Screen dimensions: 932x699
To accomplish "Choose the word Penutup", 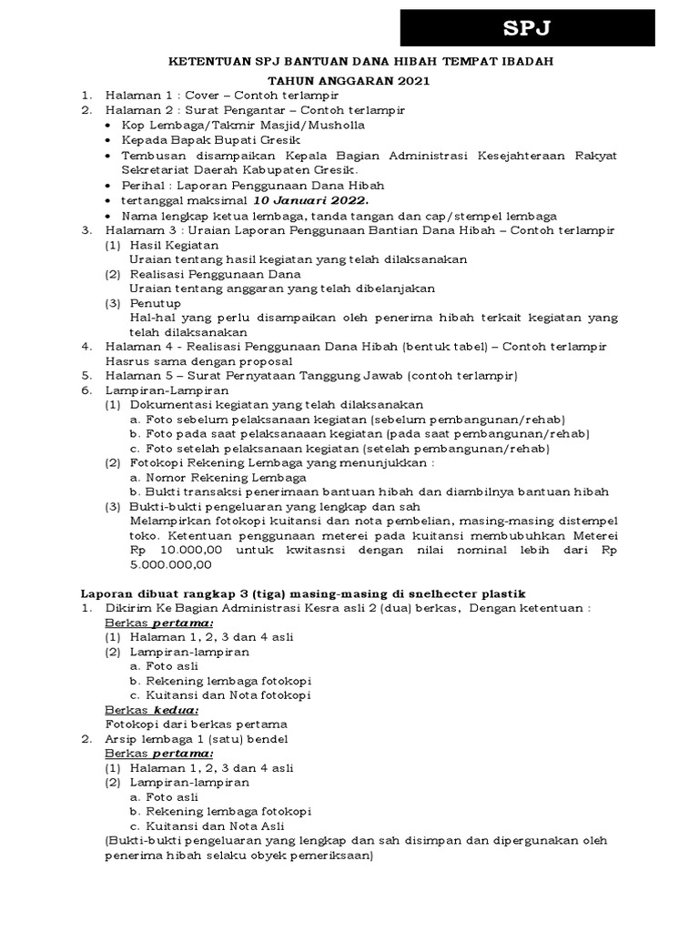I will click(x=155, y=302).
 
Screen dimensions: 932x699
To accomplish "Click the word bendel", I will click(x=269, y=738).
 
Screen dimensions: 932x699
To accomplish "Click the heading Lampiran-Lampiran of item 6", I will click(x=145, y=390).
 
